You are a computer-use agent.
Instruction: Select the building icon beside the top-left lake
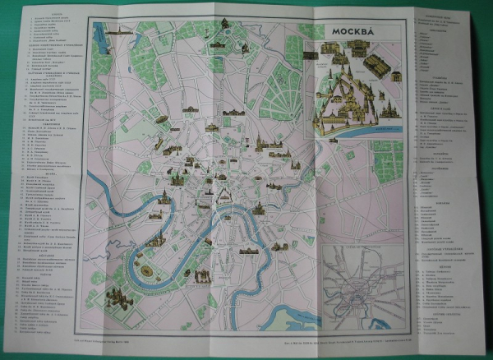[x=119, y=31]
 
